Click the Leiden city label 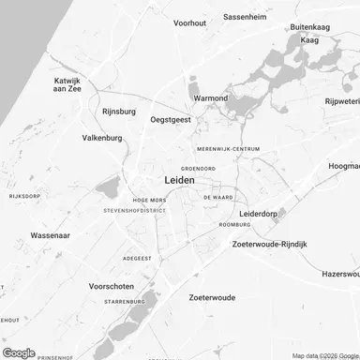[179, 180]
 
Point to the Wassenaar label [52, 236]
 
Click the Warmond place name [210, 97]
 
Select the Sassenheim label [248, 17]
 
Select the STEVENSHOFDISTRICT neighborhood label [134, 211]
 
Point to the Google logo [19, 352]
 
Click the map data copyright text [323, 355]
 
